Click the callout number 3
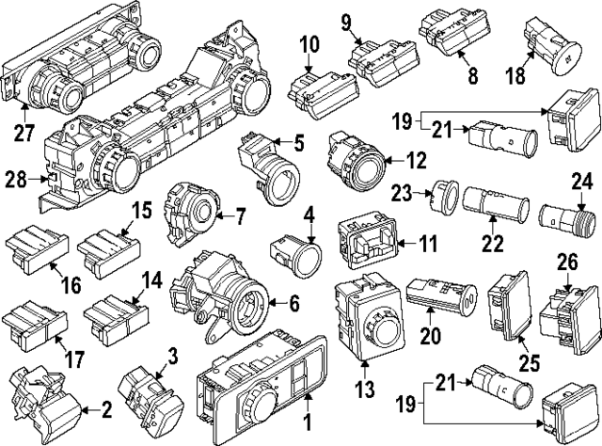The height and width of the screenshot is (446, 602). pyautogui.click(x=171, y=355)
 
